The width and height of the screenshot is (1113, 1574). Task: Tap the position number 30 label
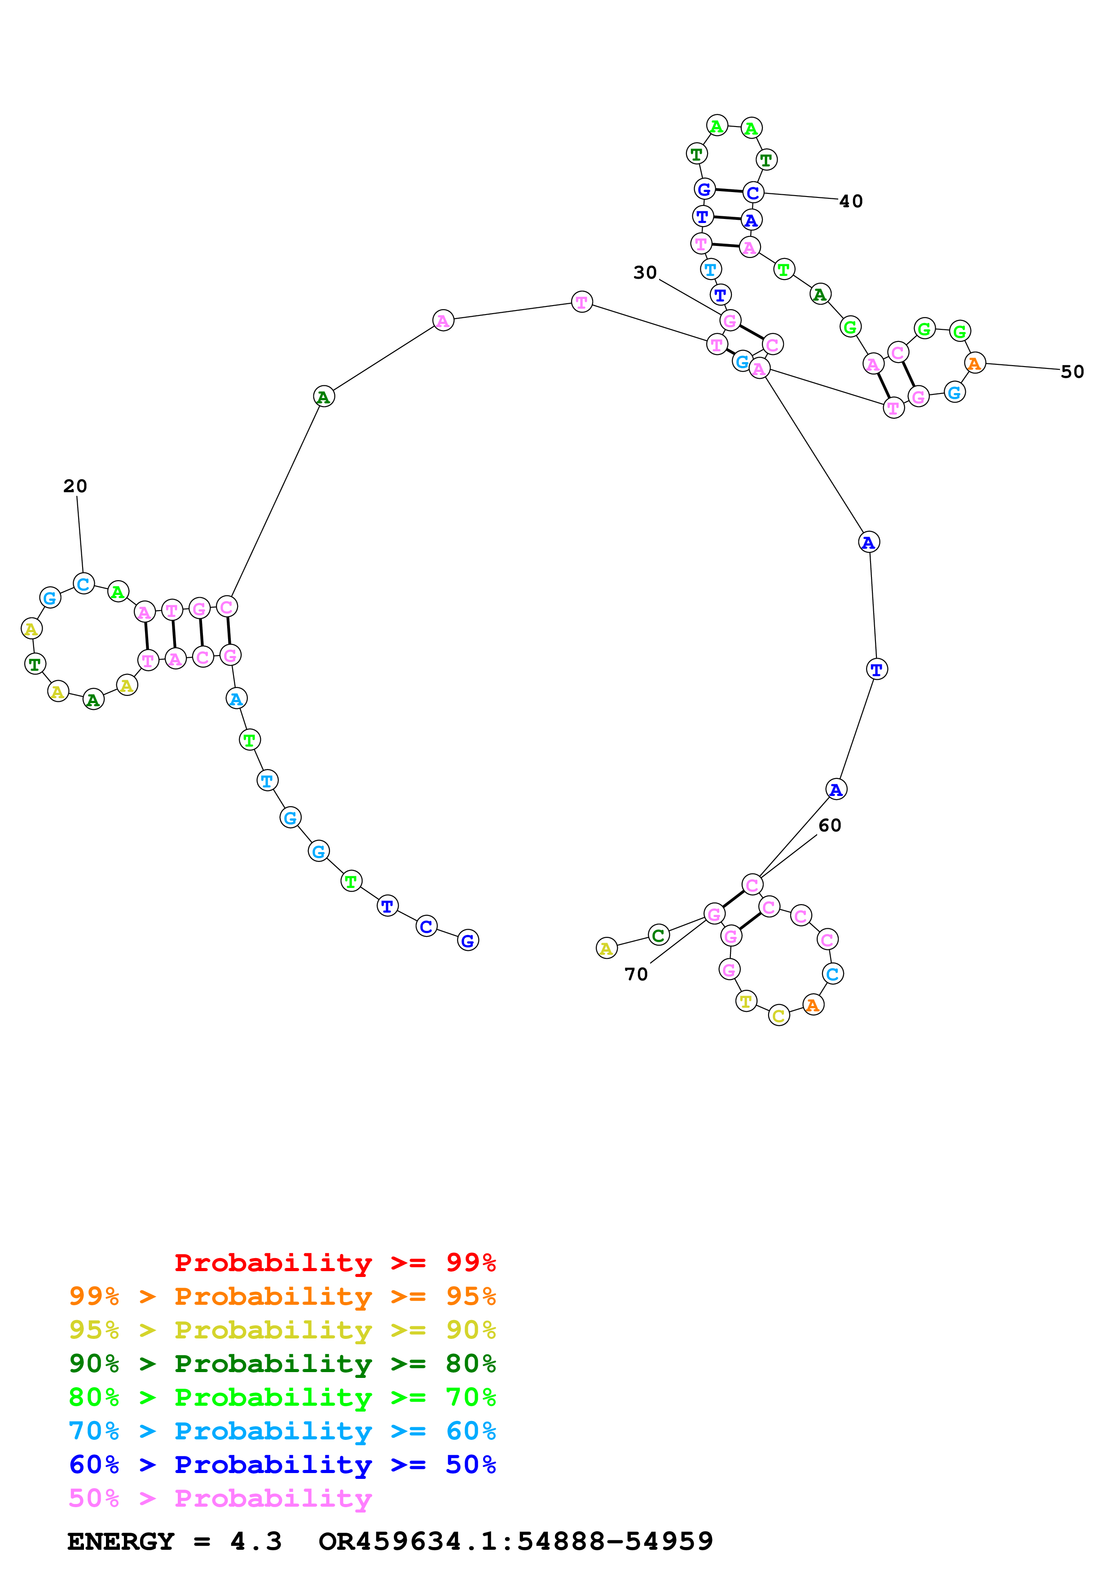(645, 273)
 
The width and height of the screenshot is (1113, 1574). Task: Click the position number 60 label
(829, 826)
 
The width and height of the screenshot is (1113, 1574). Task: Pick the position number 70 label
(636, 974)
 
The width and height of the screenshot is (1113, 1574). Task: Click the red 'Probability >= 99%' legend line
(334, 1263)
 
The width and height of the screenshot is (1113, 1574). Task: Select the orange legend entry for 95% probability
(282, 1296)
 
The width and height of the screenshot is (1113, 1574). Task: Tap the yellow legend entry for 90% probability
(282, 1330)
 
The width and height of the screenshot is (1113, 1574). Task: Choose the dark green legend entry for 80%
(282, 1364)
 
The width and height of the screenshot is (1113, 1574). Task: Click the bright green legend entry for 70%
(282, 1397)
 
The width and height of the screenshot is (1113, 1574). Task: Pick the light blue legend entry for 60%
(282, 1431)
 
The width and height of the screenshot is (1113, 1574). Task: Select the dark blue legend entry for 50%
(282, 1465)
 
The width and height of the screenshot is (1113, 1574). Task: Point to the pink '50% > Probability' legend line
(220, 1498)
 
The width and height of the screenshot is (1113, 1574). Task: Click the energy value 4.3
(256, 1541)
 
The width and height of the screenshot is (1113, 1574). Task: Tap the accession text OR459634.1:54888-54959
(516, 1541)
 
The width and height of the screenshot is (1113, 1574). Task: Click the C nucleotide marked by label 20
(84, 584)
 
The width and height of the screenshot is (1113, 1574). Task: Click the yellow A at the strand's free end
(606, 948)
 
